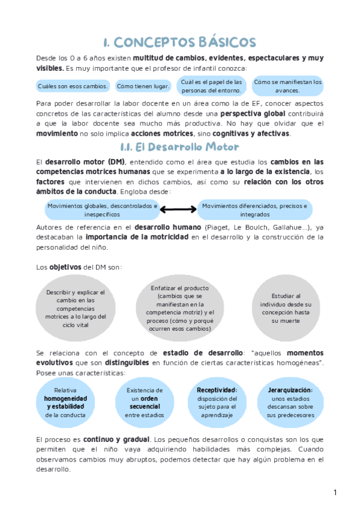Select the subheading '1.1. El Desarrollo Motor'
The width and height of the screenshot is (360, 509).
[180, 147]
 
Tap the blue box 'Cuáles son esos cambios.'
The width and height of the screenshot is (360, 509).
[73, 86]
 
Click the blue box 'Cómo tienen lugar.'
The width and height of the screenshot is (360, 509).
[143, 86]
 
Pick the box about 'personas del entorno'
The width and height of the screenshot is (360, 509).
[212, 86]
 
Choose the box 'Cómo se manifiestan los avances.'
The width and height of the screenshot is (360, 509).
[288, 86]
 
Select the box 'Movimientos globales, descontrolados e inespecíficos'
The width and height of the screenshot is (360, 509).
[102, 209]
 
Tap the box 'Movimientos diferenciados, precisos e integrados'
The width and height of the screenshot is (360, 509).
[255, 209]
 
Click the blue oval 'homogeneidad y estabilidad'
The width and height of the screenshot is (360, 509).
[65, 402]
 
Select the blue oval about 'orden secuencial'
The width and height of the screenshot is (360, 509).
[145, 402]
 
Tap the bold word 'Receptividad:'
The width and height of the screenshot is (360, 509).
[217, 390]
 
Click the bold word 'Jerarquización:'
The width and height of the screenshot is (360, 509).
[290, 390]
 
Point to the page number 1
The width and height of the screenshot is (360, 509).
[335, 493]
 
